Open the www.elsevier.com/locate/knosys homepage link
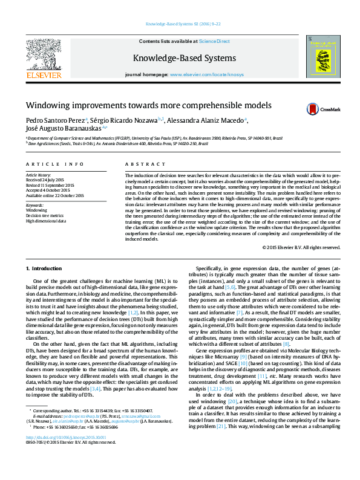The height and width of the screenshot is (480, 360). (x=206, y=74)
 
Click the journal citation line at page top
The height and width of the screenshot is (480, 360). (x=179, y=25)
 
